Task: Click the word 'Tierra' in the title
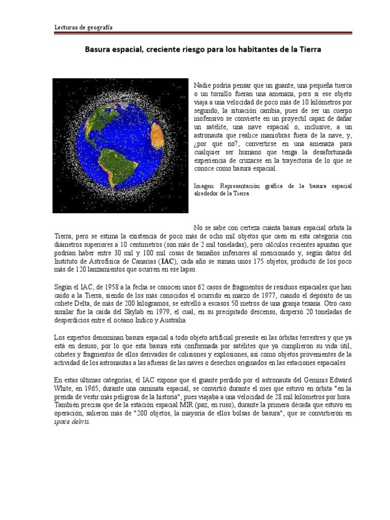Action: click(x=310, y=50)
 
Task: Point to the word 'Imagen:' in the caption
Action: click(x=205, y=186)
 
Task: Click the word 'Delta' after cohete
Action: click(x=88, y=304)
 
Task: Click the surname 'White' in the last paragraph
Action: click(x=64, y=388)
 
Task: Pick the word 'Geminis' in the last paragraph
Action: click(x=311, y=380)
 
